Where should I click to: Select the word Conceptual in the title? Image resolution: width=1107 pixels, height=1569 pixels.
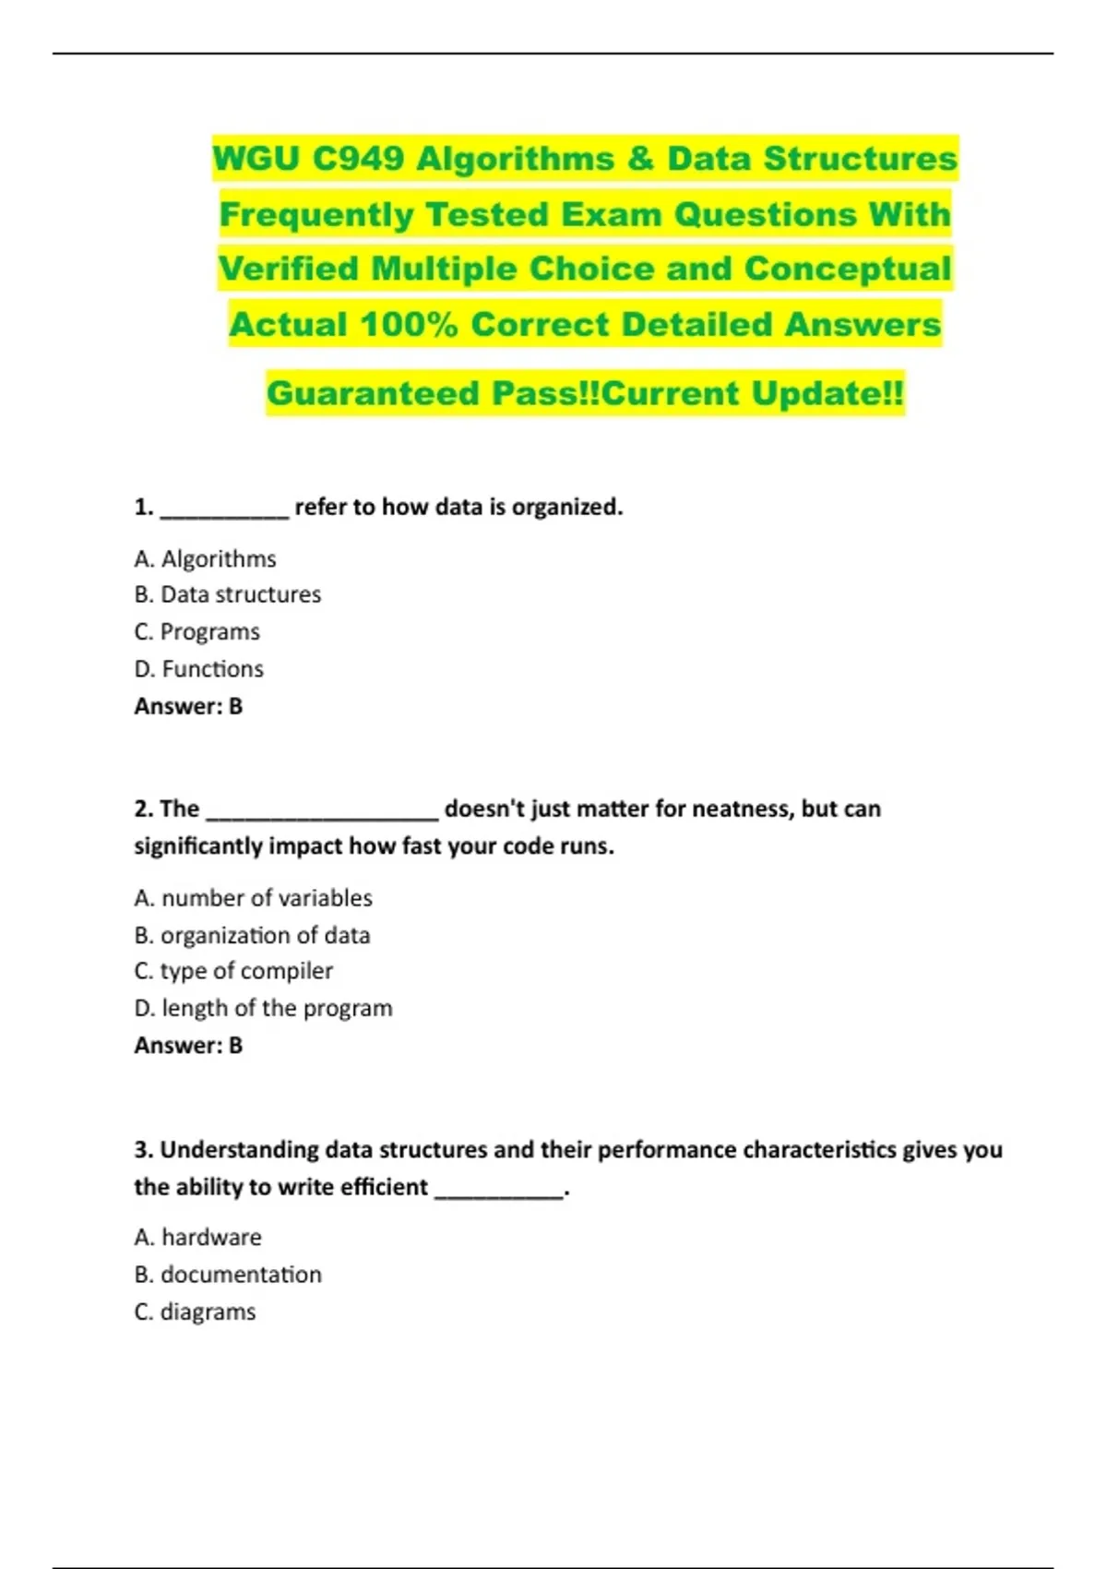(x=847, y=269)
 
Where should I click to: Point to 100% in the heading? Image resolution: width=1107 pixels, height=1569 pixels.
(x=408, y=325)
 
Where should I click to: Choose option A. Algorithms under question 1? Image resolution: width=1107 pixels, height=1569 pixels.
(x=205, y=559)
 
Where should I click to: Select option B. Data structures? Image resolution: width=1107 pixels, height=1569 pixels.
(x=227, y=595)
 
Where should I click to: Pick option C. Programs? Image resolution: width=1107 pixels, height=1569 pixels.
(x=196, y=632)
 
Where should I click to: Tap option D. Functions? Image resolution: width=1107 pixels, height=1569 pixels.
(x=198, y=669)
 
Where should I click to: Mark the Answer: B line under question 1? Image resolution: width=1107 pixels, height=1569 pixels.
(x=188, y=707)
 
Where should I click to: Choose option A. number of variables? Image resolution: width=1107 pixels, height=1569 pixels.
(x=253, y=898)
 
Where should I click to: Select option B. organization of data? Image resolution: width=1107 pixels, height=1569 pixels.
(x=252, y=935)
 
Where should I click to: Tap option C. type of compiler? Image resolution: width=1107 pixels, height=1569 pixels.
(x=233, y=971)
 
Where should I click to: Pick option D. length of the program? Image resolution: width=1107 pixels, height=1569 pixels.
(x=263, y=1008)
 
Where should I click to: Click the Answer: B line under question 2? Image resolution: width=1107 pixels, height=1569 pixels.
(x=188, y=1046)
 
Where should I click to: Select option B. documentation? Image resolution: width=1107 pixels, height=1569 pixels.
(x=228, y=1275)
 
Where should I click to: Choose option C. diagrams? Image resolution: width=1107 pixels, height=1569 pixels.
(x=195, y=1311)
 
